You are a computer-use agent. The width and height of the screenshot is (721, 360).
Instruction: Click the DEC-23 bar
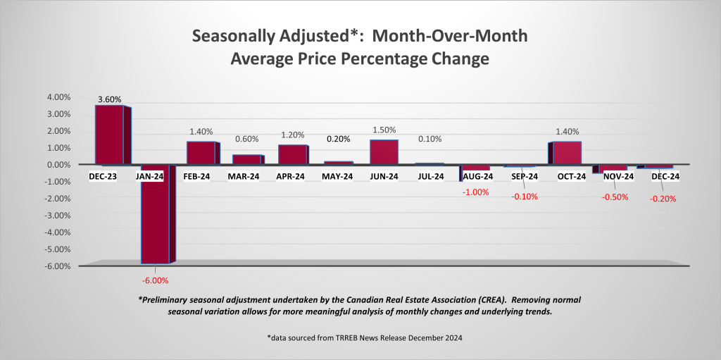pyautogui.click(x=109, y=135)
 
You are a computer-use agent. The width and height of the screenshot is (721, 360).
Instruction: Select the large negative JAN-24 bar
pyautogui.click(x=155, y=222)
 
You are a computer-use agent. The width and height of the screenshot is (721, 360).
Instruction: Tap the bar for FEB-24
pyautogui.click(x=201, y=153)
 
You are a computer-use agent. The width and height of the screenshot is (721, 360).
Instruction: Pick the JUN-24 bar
pyautogui.click(x=384, y=152)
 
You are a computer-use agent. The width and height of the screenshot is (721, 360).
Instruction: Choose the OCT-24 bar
pyautogui.click(x=567, y=153)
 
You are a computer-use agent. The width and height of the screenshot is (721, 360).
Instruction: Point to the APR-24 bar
pyautogui.click(x=292, y=154)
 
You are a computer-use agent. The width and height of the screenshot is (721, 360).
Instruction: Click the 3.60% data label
pyautogui.click(x=109, y=99)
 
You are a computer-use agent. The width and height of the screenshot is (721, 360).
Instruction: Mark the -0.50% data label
pyautogui.click(x=614, y=197)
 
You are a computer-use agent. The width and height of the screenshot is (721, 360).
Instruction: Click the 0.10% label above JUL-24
pyautogui.click(x=430, y=139)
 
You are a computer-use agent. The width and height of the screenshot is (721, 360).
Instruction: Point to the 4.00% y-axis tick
pyautogui.click(x=59, y=97)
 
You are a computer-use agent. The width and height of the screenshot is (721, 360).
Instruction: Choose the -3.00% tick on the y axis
pyautogui.click(x=58, y=216)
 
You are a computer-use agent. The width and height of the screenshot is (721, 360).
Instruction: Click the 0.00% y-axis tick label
pyautogui.click(x=59, y=165)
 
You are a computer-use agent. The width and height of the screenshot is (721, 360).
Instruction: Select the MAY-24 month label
pyautogui.click(x=338, y=177)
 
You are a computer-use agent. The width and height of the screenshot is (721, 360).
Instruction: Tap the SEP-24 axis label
pyautogui.click(x=521, y=177)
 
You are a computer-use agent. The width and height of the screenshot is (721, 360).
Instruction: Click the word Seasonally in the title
pyautogui.click(x=237, y=35)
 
